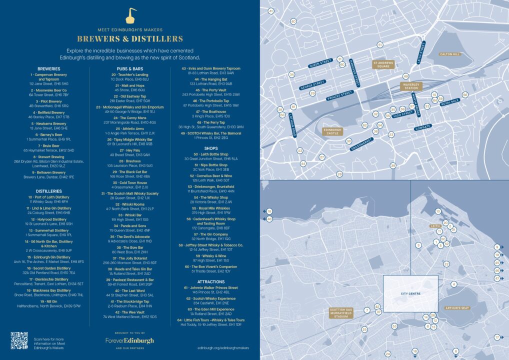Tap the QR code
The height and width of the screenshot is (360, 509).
(x=19, y=340)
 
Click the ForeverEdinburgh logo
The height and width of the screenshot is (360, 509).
(x=129, y=340)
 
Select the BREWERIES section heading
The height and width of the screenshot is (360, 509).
(x=49, y=68)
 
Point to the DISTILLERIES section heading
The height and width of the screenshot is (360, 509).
(x=49, y=191)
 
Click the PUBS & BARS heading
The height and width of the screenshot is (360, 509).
(x=129, y=68)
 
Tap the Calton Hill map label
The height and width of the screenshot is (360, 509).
(x=449, y=54)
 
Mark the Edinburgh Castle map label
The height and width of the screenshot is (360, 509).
(x=332, y=131)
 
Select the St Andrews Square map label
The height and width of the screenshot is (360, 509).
(x=383, y=64)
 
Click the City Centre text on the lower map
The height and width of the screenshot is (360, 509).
(x=410, y=293)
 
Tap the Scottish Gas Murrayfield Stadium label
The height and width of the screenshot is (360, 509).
(x=342, y=313)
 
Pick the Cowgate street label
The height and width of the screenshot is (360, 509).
(x=422, y=127)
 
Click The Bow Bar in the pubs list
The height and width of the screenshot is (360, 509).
(x=129, y=247)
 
